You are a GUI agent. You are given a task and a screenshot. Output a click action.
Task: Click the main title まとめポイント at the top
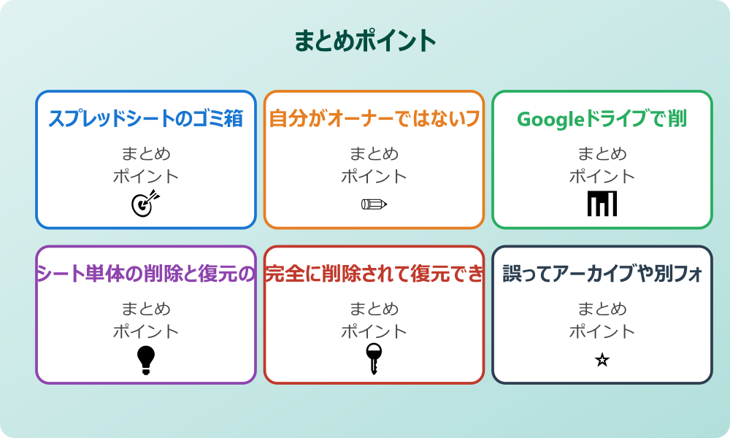(365, 41)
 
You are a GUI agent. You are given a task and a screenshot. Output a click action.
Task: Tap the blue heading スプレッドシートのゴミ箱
(146, 119)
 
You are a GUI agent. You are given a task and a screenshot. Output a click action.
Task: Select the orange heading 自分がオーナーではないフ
(374, 119)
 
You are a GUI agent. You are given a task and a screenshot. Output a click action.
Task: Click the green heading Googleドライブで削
(602, 119)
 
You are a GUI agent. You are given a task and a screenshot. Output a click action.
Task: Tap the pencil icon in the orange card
(374, 204)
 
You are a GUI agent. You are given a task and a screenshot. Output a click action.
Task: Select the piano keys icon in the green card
(602, 204)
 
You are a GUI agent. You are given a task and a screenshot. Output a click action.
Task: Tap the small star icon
(602, 360)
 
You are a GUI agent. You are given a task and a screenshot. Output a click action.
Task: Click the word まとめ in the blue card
(146, 154)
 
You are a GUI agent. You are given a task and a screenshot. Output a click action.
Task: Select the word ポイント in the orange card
(374, 177)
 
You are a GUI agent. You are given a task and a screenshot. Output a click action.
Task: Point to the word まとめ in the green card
(602, 154)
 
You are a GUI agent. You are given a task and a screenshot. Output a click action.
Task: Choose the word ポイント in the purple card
(146, 331)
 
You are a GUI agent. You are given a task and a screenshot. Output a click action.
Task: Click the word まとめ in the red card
(374, 309)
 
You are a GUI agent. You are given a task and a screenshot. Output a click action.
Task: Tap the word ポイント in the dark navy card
(602, 331)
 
